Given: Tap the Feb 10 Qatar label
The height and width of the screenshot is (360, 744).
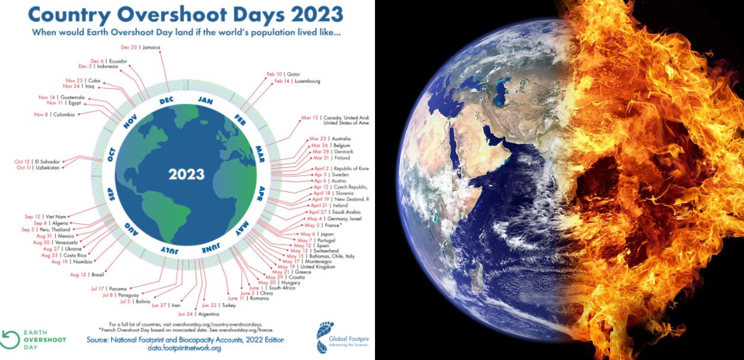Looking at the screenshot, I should coord(283,74).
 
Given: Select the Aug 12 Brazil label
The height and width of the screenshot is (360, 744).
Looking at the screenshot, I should coord(87,274).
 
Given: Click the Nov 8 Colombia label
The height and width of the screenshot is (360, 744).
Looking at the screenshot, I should coord(55,114).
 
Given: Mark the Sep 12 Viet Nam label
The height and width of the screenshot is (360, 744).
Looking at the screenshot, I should coord(41,217).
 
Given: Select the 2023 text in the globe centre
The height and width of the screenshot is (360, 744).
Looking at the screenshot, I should coord(186,175).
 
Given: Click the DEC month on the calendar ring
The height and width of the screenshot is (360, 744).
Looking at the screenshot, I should coord(166,101).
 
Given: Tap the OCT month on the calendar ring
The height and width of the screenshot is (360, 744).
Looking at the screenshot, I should coord(112,154).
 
